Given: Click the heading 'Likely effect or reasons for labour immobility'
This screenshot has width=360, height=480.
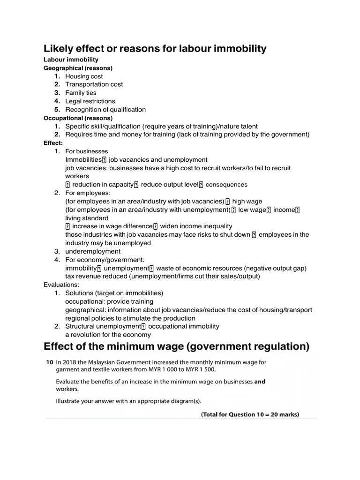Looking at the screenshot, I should (x=155, y=48).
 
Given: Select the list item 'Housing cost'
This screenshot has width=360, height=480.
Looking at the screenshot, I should (x=84, y=76).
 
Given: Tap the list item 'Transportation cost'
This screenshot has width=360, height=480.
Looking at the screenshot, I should (x=94, y=84).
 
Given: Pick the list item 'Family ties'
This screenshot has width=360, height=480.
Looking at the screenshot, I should (x=81, y=93).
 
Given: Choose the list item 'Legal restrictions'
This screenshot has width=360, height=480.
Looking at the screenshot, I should (x=90, y=101).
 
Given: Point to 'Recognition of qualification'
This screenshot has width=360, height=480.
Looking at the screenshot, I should (x=105, y=110).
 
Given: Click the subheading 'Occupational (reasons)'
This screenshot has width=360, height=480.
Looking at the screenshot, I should (x=78, y=118).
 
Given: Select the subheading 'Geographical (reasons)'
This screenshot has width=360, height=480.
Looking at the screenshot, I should (x=78, y=68).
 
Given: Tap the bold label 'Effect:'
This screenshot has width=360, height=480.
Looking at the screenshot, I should (x=53, y=143).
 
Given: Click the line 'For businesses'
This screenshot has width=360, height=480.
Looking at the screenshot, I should (x=86, y=151).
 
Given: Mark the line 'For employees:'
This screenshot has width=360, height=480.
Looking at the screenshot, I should (x=88, y=193).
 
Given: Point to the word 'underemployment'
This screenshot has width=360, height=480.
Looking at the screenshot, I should (x=93, y=252).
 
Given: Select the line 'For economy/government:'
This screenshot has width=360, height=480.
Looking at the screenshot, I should (x=105, y=260).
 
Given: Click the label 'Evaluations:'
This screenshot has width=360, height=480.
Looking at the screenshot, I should (x=61, y=285).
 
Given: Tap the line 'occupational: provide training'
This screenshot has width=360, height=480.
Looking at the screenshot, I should (x=109, y=301).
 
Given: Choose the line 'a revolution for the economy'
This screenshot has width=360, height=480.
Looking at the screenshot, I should (x=108, y=335).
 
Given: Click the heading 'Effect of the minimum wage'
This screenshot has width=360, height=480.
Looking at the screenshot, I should (x=176, y=346).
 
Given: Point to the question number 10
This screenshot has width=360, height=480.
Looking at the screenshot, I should (x=49, y=362).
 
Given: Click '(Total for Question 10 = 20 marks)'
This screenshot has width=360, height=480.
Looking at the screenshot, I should (x=250, y=414).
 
